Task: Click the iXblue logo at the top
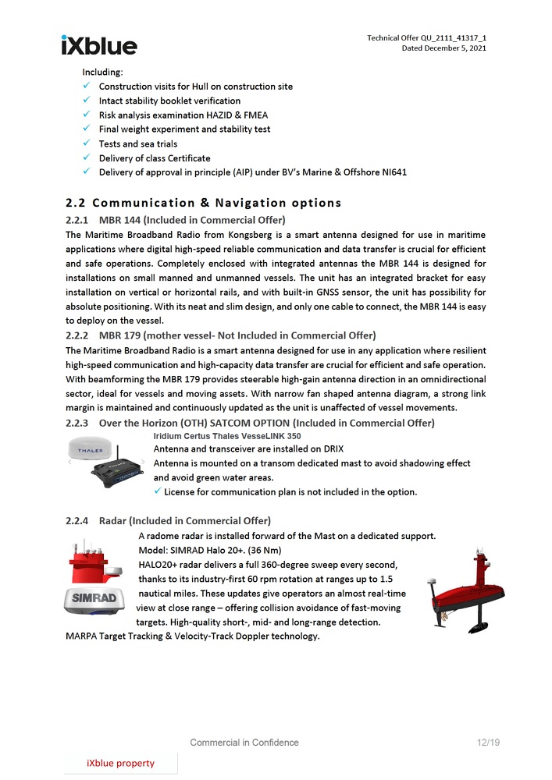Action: (x=98, y=45)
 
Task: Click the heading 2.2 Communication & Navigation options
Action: (x=204, y=203)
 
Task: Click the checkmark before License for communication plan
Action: (x=158, y=491)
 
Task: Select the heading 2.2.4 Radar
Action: (x=168, y=520)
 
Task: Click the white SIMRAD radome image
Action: (x=94, y=601)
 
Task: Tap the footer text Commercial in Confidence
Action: (x=244, y=743)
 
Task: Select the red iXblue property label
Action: (x=120, y=763)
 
